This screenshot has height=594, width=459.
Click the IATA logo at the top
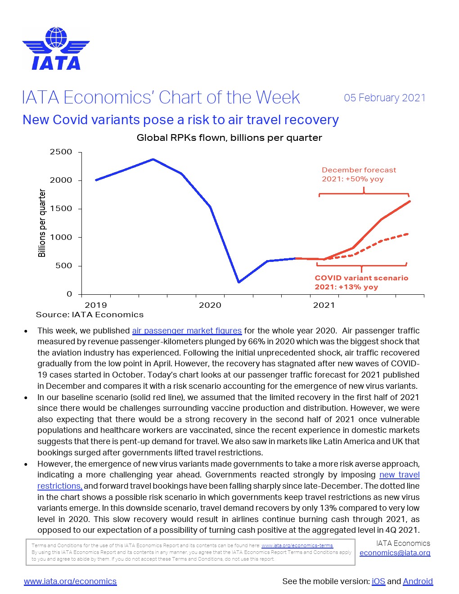(56, 49)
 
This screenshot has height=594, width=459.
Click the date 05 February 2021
(385, 98)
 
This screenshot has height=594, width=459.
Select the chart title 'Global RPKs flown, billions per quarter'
(229, 138)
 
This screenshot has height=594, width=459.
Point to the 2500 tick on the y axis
(61, 152)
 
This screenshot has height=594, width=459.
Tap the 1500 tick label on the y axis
(61, 209)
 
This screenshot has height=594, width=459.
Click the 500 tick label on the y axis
(63, 265)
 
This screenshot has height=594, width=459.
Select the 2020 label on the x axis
(210, 305)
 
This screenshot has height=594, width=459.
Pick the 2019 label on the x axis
(96, 305)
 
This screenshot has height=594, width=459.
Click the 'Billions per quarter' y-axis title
(42, 223)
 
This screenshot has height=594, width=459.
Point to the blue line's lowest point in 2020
(238, 282)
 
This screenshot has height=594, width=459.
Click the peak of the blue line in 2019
(153, 159)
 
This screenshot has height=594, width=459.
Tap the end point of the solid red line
(409, 201)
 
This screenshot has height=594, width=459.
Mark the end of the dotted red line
(408, 234)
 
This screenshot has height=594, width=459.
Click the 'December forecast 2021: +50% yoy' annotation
(359, 174)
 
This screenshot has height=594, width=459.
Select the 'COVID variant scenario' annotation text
(361, 278)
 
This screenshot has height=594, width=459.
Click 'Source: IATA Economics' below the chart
(90, 315)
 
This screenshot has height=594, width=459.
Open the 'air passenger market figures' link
(187, 331)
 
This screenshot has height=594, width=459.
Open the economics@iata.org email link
(395, 553)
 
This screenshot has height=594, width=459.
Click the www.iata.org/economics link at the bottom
(70, 581)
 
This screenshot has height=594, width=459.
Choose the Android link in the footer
(418, 581)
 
